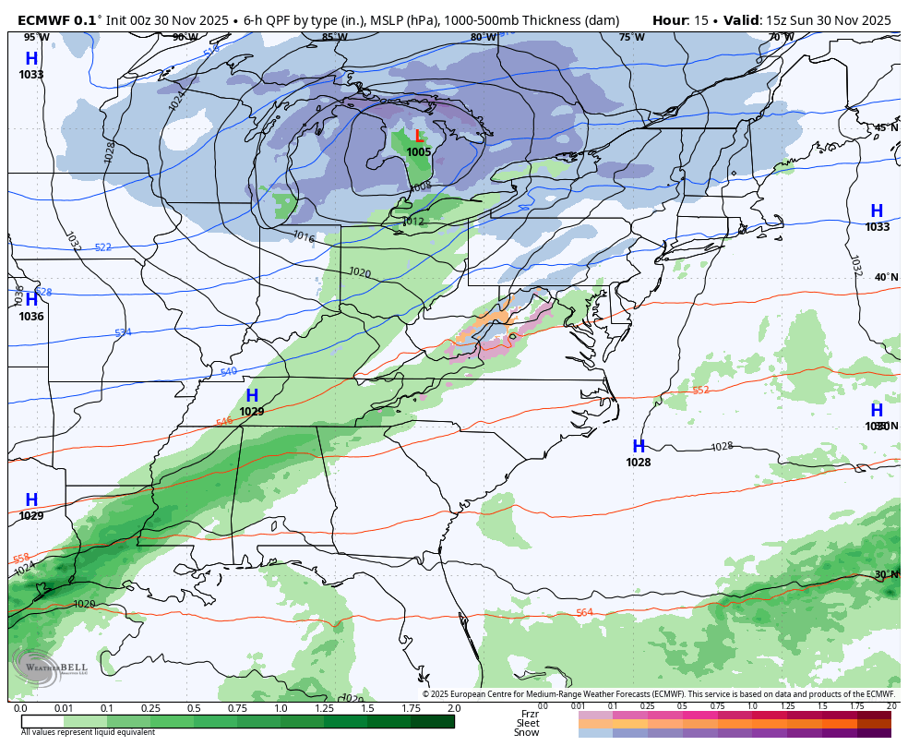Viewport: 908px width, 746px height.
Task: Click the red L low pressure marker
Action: [x=420, y=137]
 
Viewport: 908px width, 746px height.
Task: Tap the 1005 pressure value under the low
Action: [x=419, y=152]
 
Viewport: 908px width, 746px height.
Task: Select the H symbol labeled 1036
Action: [x=31, y=300]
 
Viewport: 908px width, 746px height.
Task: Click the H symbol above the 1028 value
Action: [x=638, y=447]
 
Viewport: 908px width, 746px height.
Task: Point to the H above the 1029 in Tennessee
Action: [x=251, y=396]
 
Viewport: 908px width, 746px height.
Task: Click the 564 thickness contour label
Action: [x=584, y=613]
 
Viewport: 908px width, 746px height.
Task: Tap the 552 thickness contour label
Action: [x=700, y=391]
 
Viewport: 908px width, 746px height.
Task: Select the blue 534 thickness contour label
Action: [x=123, y=333]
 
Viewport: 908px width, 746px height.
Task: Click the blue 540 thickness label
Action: [x=229, y=372]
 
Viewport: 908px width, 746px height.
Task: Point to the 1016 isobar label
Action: [x=304, y=237]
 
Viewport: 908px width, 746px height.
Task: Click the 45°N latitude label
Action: [x=886, y=128]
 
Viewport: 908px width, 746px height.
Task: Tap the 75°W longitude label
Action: [x=631, y=37]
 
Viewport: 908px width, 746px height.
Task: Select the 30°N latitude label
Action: [x=886, y=574]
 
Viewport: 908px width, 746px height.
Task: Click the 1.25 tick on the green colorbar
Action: [x=323, y=708]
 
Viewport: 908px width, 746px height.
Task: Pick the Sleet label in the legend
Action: [x=527, y=723]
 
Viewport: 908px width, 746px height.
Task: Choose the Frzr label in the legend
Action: [x=530, y=714]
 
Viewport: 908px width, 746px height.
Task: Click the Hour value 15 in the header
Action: [x=699, y=19]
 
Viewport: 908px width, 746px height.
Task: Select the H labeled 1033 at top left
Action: [x=31, y=59]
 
